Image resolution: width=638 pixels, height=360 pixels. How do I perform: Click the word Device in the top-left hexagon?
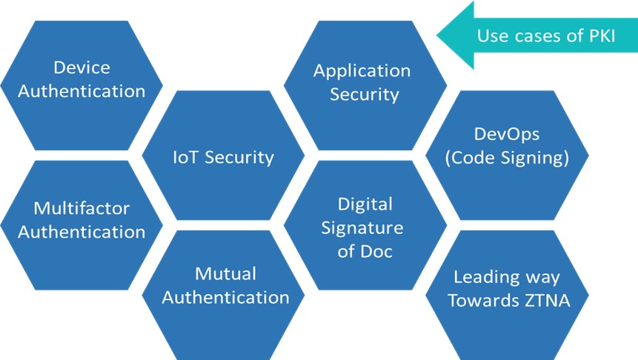pos(82,67)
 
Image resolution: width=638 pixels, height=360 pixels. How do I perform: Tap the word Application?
pos(362,72)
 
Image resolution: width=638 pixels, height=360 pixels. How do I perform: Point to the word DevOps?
pos(507,134)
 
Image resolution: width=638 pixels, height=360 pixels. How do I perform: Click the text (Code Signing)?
pos(507,158)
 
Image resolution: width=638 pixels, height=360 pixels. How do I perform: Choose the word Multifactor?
pos(82,208)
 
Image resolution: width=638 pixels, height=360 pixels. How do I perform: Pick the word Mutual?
pos(225,274)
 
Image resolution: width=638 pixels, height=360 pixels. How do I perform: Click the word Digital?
pos(365,204)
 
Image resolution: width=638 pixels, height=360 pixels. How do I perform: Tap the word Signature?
pos(362,228)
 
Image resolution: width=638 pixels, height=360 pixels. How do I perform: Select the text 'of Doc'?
pos(365,251)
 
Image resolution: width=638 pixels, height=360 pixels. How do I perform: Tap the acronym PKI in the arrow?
pos(602,36)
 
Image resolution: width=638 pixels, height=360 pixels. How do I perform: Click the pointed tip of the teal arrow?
pos(437,36)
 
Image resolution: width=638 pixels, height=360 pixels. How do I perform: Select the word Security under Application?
pos(364,95)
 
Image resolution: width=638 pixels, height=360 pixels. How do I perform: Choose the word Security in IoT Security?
pos(239,158)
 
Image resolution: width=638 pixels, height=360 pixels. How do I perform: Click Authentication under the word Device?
pos(82,91)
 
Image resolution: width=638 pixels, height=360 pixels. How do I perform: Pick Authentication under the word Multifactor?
pos(82,232)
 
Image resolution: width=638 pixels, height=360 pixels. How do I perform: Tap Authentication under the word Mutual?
pos(225,297)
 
